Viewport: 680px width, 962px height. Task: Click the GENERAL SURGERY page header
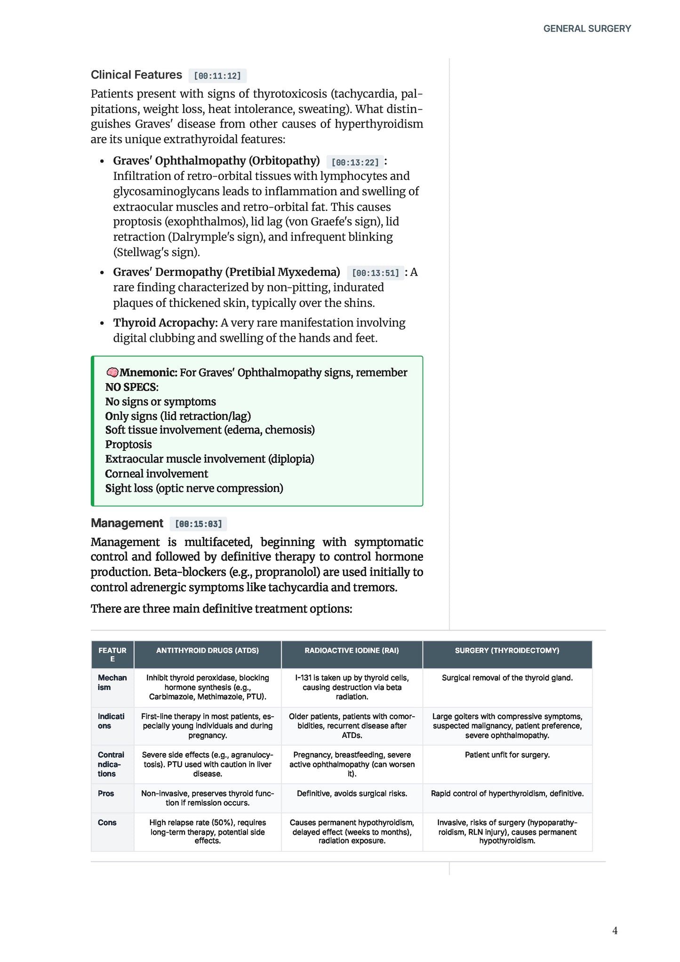(x=587, y=29)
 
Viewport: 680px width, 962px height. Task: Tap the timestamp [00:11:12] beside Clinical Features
(x=217, y=76)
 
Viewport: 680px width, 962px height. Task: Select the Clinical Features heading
(x=136, y=75)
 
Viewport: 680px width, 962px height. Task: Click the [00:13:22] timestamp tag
(x=355, y=162)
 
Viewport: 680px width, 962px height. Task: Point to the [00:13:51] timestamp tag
(x=375, y=273)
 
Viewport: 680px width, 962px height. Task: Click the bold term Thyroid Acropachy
(x=165, y=323)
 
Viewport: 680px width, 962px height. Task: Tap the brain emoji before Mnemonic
(x=112, y=373)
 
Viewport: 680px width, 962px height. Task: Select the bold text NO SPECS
(x=131, y=387)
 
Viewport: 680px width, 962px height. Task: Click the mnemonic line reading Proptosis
(x=128, y=445)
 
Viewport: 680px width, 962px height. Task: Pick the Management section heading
(x=127, y=523)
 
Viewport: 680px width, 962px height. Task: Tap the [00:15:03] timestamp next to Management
(x=198, y=524)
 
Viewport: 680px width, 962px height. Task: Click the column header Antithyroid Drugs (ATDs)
(x=208, y=650)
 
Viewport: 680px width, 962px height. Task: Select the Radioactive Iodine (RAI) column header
(x=352, y=650)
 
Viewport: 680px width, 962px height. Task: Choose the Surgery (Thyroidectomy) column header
(x=507, y=650)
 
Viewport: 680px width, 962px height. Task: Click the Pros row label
(x=106, y=794)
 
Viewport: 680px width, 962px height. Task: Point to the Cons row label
(x=107, y=823)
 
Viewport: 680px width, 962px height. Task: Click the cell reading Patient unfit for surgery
(x=507, y=755)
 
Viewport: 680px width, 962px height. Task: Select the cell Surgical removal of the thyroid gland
(x=507, y=678)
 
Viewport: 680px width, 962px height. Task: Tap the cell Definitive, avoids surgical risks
(x=352, y=794)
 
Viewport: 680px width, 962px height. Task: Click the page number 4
(x=615, y=930)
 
